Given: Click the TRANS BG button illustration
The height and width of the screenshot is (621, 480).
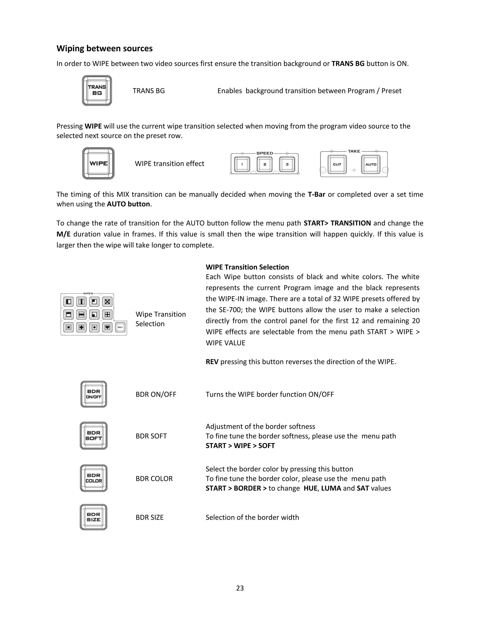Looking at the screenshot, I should point(97,90).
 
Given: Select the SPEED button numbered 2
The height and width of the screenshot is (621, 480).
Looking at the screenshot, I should point(264,164).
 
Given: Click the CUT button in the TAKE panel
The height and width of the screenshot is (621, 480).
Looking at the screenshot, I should point(337,164).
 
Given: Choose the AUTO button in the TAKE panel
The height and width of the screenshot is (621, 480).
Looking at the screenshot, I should point(371,164).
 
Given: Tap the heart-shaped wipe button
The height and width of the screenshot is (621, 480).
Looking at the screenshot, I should point(107,327).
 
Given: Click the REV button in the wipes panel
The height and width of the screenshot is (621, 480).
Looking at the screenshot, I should point(120,327).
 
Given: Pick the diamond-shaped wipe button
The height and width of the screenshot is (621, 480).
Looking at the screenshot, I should point(81,327).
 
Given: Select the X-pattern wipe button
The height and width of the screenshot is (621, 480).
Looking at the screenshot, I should point(107,301).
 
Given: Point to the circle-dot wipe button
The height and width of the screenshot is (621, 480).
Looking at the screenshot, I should point(94,327).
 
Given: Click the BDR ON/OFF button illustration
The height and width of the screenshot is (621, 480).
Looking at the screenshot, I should point(94,394).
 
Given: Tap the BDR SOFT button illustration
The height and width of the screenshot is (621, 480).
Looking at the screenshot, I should point(94,436).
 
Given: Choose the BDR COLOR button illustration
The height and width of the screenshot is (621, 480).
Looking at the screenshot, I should point(94,478).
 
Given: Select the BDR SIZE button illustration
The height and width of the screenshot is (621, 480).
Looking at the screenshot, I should point(94,517).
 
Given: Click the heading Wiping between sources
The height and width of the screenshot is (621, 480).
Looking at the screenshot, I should point(104,48).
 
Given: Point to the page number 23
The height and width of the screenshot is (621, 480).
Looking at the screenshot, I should point(240,588).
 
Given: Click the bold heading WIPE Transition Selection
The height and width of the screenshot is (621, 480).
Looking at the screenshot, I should point(247,267).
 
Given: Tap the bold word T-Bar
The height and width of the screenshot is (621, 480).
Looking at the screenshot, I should point(316,195).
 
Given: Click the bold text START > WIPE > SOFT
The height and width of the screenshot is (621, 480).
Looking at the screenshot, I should point(240,445).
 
